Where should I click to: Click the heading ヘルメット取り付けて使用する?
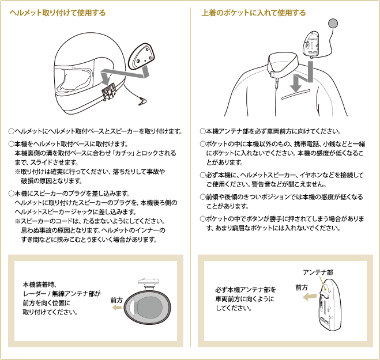click(58, 13)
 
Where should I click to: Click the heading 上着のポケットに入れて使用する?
click(254, 13)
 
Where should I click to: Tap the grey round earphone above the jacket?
click(333, 23)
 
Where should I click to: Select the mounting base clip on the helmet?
click(108, 91)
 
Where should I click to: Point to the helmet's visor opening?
click(74, 80)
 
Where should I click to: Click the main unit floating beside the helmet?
click(142, 56)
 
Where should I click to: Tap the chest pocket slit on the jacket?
click(296, 94)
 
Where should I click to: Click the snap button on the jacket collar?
click(272, 74)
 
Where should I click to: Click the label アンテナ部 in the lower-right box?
click(318, 272)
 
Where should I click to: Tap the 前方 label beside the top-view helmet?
click(116, 300)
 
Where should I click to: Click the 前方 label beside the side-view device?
click(302, 287)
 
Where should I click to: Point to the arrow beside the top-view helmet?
click(117, 308)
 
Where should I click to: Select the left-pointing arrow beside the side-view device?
click(310, 297)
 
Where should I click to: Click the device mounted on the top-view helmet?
click(148, 282)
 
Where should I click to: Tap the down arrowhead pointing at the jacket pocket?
click(296, 87)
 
